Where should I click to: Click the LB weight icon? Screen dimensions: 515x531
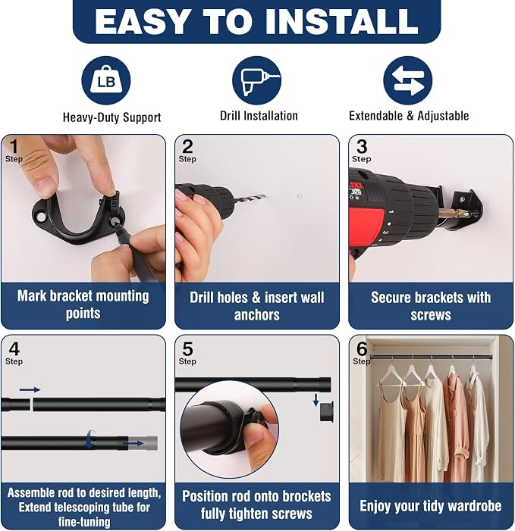pos(106,80)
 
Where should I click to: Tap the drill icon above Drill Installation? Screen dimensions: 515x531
pos(256,81)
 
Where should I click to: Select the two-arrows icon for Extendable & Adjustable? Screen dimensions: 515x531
pos(407,80)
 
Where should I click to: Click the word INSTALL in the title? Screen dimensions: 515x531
pos(341,21)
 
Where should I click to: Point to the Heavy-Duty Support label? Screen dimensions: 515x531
pos(111,117)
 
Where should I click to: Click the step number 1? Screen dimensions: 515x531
pos(14,146)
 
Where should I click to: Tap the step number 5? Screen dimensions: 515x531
pos(187,348)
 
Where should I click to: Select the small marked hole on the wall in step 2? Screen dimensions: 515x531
pos(300,197)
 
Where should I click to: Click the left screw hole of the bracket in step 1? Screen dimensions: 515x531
pos(41,217)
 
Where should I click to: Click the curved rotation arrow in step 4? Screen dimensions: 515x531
pos(89,439)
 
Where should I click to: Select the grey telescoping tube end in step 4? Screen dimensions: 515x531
pos(147,443)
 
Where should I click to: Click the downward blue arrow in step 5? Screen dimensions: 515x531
pos(316,400)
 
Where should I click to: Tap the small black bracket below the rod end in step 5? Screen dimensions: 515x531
pos(327,412)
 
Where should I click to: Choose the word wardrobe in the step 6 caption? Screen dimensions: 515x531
pos(475,506)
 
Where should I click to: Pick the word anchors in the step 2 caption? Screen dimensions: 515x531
pos(256,315)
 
